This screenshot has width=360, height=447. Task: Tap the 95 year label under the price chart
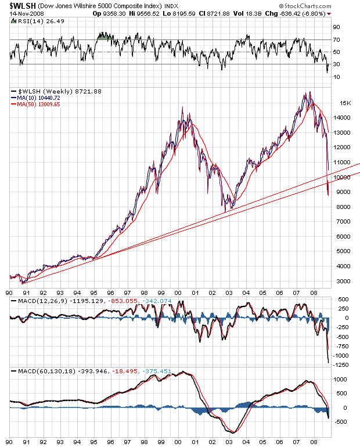[x=95, y=293]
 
